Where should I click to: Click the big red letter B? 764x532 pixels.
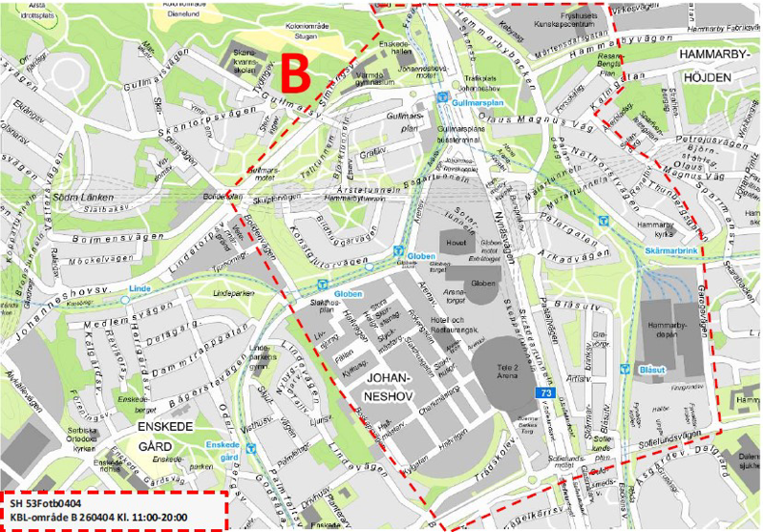click(297, 74)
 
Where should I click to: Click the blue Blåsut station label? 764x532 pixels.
click(649, 370)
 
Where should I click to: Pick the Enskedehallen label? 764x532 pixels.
click(395, 49)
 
